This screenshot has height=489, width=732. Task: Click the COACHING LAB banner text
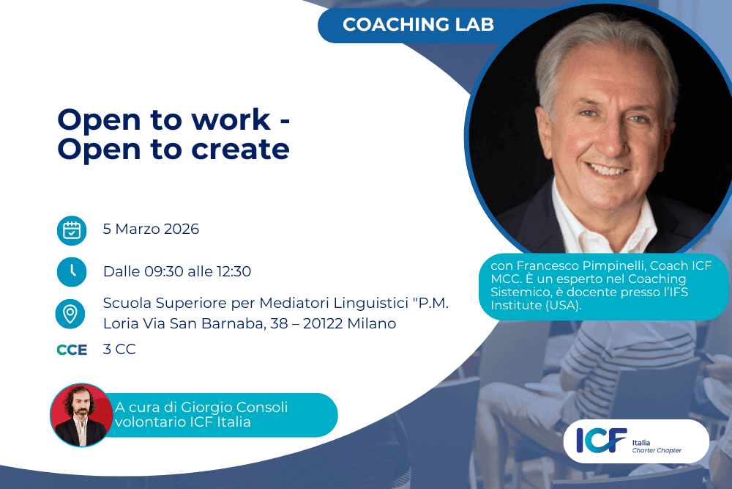418,24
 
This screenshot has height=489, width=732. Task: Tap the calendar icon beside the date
72,230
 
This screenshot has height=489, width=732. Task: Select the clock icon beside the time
72,271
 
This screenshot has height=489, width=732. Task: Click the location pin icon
70,314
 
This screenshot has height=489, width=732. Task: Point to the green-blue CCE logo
72,350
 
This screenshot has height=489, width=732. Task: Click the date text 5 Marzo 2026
151,229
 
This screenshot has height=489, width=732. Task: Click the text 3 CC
119,349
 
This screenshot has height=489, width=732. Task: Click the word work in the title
231,120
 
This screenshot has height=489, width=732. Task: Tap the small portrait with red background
81,415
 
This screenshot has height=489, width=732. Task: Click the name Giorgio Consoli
234,407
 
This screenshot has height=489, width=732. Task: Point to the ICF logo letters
601,440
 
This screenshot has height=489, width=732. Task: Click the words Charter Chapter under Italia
657,450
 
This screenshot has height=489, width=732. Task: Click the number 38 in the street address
279,323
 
